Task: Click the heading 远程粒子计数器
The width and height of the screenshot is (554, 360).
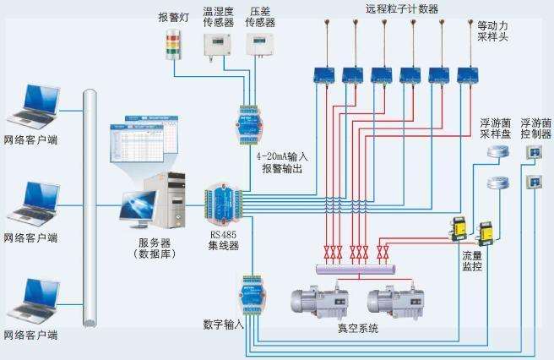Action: [377, 9]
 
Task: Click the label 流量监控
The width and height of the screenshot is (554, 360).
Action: [472, 260]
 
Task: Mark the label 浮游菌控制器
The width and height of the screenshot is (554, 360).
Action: [535, 128]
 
